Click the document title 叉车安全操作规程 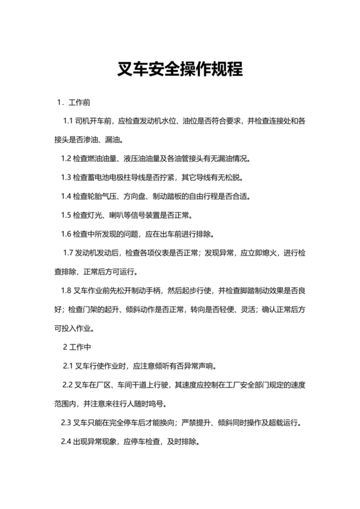(180, 68)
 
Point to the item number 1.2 (66, 158)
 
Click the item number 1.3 (66, 177)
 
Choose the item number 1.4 (66, 195)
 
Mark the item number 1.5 (66, 215)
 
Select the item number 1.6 (66, 233)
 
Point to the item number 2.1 (67, 366)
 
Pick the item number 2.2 (67, 386)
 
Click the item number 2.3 (66, 423)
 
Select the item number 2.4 (66, 442)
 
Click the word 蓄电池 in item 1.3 (103, 177)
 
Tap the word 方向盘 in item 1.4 (143, 195)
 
